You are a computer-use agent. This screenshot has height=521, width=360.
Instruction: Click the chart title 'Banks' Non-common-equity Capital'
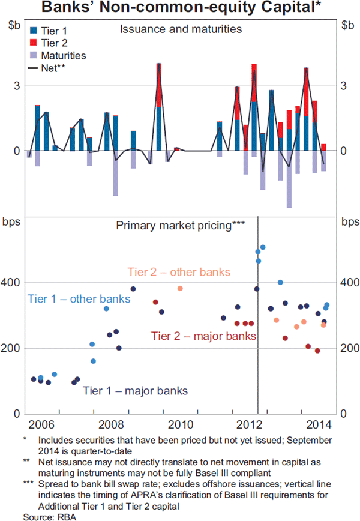(179, 8)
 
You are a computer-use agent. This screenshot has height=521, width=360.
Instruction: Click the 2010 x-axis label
(181, 424)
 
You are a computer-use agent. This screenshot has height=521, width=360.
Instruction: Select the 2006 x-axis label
(41, 424)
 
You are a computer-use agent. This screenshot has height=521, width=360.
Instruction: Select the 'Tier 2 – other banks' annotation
(179, 272)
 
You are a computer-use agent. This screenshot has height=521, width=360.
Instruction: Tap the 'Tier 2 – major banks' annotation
(203, 335)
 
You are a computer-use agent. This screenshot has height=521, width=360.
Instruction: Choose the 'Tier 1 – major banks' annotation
(135, 391)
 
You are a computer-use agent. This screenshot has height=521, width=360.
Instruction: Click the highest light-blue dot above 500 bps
(263, 247)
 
